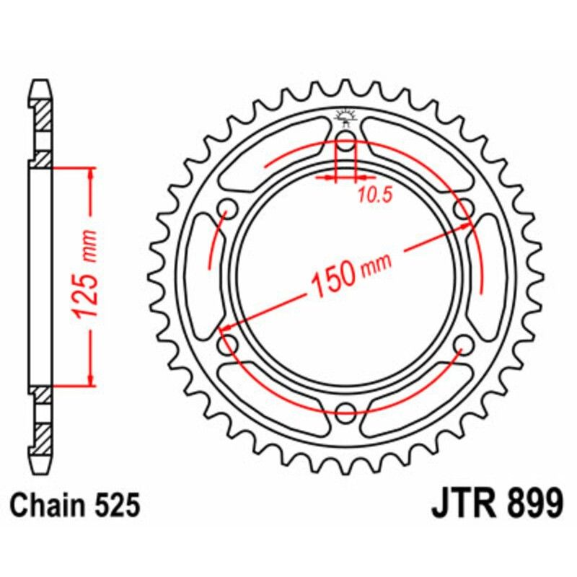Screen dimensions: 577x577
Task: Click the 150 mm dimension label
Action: click(x=350, y=274)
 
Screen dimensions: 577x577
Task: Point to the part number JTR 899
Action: click(x=497, y=505)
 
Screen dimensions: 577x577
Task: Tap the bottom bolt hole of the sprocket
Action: click(x=346, y=413)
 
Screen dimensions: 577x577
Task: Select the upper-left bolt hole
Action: click(x=228, y=208)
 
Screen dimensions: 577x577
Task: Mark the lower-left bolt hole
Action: click(x=228, y=345)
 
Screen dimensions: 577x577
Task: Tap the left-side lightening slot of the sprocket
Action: click(x=198, y=276)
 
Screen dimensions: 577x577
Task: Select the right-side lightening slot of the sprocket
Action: click(x=493, y=276)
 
